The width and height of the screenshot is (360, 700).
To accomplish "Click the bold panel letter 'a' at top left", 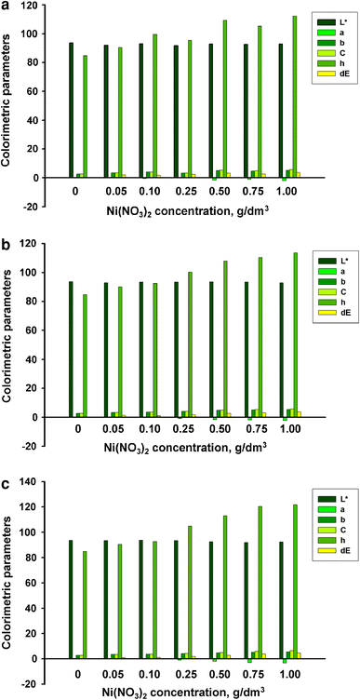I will click(x=7, y=8).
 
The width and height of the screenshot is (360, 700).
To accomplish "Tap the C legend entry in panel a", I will click(x=333, y=57).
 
